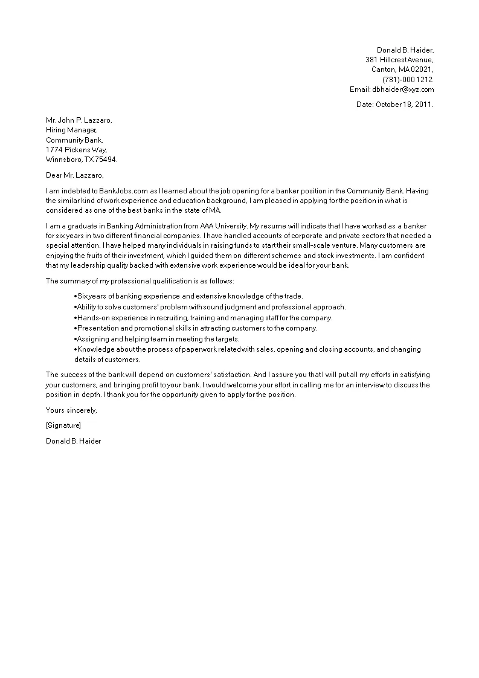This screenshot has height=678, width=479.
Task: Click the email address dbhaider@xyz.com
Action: [403, 89]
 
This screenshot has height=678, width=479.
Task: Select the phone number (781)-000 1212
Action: [408, 79]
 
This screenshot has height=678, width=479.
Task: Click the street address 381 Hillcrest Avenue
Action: [399, 60]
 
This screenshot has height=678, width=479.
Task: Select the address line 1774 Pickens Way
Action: [77, 150]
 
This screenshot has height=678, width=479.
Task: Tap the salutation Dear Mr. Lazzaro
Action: [75, 175]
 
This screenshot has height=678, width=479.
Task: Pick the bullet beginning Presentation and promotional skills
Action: [196, 328]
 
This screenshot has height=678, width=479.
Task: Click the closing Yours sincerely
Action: [71, 410]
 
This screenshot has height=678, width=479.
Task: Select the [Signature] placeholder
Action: [63, 425]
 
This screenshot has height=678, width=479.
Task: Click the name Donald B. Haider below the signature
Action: [73, 441]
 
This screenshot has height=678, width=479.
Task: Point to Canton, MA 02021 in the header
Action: [402, 69]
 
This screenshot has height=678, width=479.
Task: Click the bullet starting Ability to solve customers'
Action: [210, 307]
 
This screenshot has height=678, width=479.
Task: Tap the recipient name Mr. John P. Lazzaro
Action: [79, 120]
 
